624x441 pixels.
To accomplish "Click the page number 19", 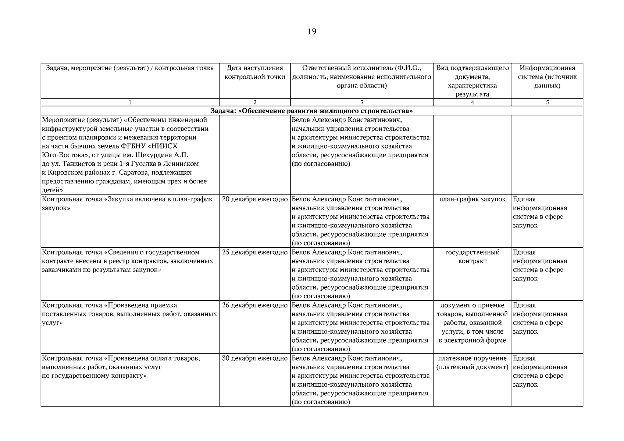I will point(311,32).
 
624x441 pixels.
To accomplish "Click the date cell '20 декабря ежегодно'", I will point(255,199).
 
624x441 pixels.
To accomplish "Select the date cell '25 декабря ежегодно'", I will point(255,252).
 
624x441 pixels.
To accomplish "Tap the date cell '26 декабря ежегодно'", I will point(255,305).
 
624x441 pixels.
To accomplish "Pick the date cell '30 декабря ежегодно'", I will point(255,358).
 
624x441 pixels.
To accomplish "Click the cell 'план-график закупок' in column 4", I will point(472,199).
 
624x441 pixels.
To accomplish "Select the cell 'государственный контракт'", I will point(472,257).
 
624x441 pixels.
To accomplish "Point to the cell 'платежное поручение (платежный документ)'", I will point(472,363).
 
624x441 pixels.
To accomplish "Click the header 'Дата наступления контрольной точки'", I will point(255,72).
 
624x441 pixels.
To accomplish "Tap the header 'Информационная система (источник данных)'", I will point(547,77).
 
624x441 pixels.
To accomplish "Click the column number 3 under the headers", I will point(362,103).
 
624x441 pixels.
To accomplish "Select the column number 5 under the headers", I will point(547,103).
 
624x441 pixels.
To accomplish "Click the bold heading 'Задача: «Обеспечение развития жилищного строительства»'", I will point(311,111).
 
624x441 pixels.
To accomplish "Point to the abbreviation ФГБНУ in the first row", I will point(134,146).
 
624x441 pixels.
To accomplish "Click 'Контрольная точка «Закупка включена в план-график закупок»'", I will point(127,203).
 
